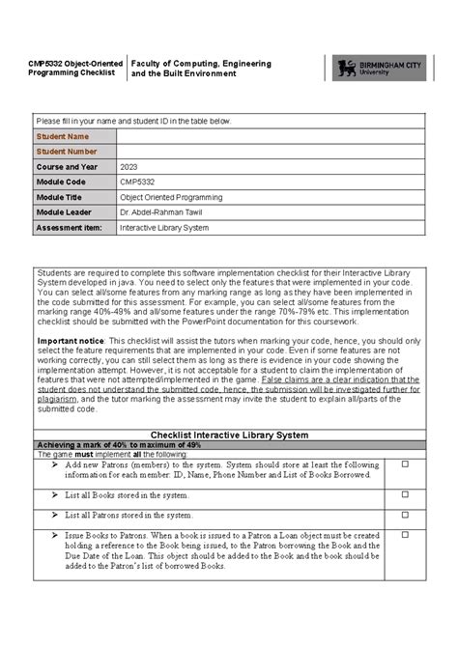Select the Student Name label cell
click(73, 136)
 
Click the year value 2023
click(129, 167)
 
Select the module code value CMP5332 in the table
click(136, 182)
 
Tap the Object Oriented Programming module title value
click(171, 197)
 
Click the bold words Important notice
click(71, 341)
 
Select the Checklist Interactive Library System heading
click(229, 435)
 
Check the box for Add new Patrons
click(405, 465)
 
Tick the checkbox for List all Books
click(405, 494)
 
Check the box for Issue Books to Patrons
click(405, 535)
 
